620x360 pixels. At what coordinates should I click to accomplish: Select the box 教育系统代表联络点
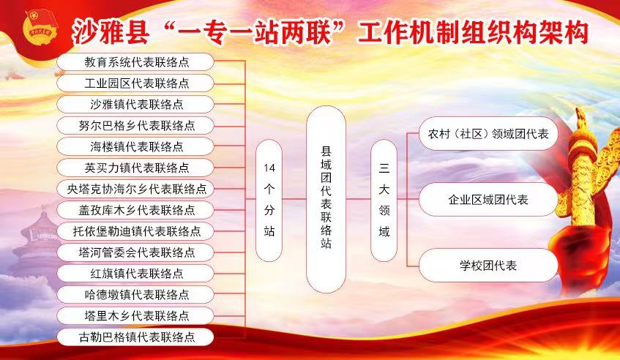click(x=135, y=62)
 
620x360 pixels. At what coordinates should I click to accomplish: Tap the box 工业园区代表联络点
click(x=135, y=83)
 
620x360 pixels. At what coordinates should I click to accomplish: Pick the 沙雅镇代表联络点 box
click(x=135, y=105)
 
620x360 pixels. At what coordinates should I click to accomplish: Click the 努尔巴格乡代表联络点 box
click(x=135, y=126)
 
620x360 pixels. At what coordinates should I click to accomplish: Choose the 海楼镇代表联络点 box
click(x=135, y=146)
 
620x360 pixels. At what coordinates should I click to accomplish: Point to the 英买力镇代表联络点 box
click(x=135, y=168)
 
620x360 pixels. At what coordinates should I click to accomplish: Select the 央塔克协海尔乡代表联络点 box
click(x=135, y=189)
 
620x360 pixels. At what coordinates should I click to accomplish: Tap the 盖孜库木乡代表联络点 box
click(x=135, y=210)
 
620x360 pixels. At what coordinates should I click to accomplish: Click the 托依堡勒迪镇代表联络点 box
click(x=135, y=231)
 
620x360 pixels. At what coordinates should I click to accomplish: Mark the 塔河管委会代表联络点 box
click(x=135, y=252)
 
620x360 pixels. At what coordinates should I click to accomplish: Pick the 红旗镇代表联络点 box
click(x=135, y=274)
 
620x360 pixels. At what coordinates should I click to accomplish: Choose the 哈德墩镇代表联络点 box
click(x=135, y=295)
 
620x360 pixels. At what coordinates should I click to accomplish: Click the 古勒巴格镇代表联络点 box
click(x=135, y=337)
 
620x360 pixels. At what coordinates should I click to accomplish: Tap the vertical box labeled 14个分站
click(x=269, y=200)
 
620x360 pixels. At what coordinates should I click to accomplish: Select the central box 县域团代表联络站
click(x=326, y=199)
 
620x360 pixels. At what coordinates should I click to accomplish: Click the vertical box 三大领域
click(x=384, y=200)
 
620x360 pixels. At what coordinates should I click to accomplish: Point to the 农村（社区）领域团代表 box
click(x=488, y=134)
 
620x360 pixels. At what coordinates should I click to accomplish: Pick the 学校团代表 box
click(x=488, y=265)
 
